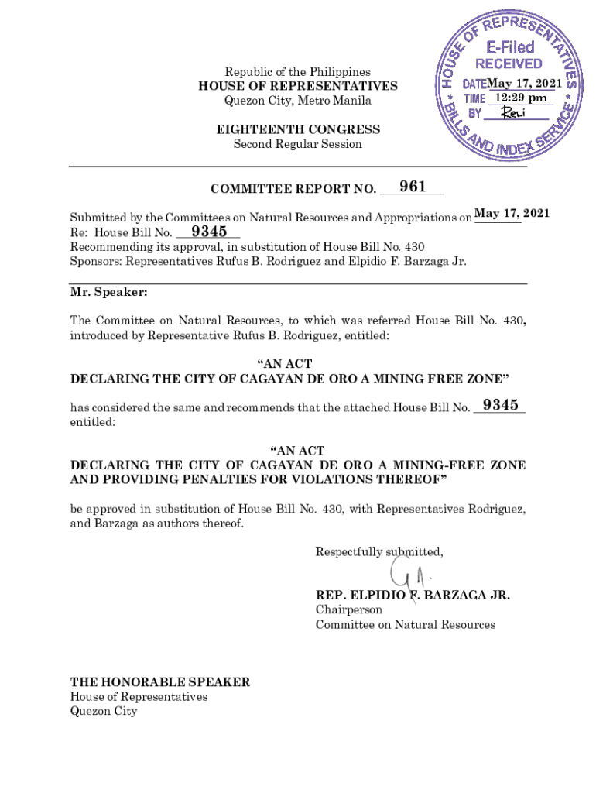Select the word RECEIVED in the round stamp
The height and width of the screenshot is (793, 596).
point(509,64)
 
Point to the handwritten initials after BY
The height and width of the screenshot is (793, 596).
point(513,113)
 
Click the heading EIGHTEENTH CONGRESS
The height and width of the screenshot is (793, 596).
point(298,129)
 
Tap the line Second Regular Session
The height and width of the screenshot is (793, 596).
point(298,144)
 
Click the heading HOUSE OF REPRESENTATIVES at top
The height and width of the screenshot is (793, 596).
point(298,86)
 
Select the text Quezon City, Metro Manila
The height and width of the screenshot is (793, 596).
point(298,101)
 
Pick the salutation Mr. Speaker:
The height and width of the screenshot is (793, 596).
point(108,294)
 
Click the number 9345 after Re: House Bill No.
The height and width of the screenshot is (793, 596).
point(209,232)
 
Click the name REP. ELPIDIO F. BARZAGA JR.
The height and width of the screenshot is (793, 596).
point(413,596)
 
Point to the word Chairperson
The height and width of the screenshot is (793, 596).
point(348,610)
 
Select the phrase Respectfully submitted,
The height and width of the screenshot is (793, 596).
point(379,551)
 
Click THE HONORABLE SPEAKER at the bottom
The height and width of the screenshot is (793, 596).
point(160,682)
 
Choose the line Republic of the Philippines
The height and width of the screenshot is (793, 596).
point(298,71)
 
